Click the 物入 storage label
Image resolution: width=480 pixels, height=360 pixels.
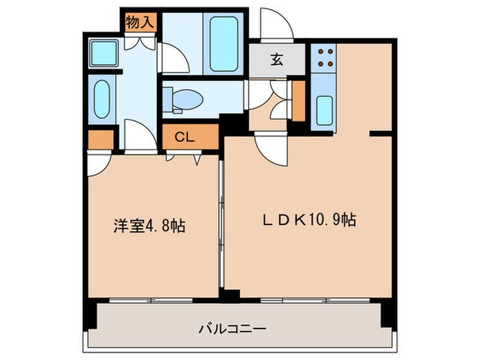(140, 23)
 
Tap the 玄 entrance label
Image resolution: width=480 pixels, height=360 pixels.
(277, 60)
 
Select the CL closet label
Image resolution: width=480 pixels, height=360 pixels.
(184, 137)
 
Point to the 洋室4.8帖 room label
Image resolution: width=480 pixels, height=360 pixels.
(149, 226)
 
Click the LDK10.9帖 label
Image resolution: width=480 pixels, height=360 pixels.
(309, 220)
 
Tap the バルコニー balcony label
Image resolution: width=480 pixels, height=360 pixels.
(232, 329)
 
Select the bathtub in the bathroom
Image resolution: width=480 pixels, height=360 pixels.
(224, 44)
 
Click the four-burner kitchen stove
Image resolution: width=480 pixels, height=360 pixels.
(324, 58)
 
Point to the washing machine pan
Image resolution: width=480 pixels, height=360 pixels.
(104, 53)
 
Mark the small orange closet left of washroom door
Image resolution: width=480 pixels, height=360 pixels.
(101, 140)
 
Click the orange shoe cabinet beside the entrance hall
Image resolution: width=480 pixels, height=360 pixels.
(299, 101)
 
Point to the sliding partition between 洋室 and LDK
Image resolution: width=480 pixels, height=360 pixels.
(221, 224)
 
